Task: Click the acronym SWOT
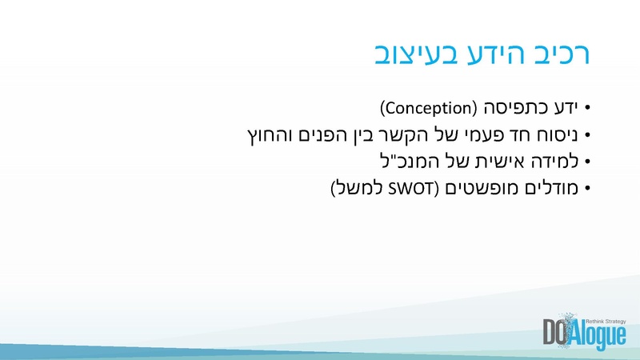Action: pos(410,190)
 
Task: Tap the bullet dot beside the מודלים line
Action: pos(587,190)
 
